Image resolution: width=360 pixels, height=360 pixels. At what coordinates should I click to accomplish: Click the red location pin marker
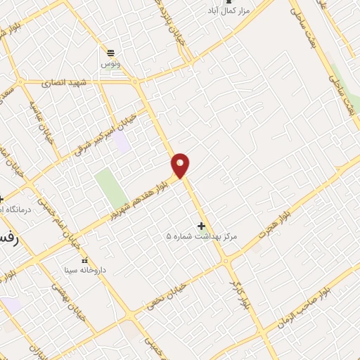[181, 165]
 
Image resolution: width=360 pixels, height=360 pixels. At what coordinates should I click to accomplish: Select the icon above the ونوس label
[110, 52]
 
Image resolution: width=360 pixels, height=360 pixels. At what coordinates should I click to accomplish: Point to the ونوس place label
[110, 63]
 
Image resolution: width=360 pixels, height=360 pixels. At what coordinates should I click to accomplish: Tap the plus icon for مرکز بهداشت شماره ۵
[202, 226]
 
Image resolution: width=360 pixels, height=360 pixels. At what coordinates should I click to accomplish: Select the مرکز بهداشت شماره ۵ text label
[202, 237]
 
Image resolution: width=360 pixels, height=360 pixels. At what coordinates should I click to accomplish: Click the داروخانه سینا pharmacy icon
[85, 261]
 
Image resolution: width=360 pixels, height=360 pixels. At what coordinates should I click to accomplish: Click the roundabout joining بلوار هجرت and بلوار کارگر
[226, 261]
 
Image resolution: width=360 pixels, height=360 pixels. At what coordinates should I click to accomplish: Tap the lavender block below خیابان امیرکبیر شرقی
[122, 143]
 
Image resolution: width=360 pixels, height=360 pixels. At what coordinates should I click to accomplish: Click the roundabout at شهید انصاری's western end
[21, 82]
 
